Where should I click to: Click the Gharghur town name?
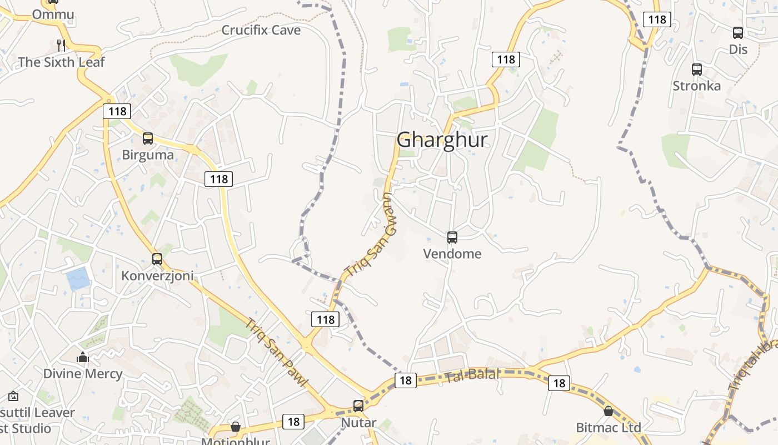click(x=442, y=140)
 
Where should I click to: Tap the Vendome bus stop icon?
click(x=452, y=238)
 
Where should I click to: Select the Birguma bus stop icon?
click(x=148, y=139)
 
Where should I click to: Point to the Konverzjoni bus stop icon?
click(x=157, y=259)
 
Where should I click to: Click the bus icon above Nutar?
click(x=358, y=406)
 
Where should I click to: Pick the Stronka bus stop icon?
click(x=697, y=70)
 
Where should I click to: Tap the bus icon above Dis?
click(x=738, y=33)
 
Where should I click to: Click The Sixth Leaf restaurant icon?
click(x=61, y=45)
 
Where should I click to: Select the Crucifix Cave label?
click(x=261, y=30)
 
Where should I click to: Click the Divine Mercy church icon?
click(x=83, y=357)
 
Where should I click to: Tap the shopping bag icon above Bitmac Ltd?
click(x=609, y=411)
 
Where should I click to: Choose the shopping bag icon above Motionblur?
click(x=236, y=427)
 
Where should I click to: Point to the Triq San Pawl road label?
click(x=277, y=353)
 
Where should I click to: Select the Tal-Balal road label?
click(x=472, y=375)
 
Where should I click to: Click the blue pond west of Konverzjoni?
click(x=78, y=278)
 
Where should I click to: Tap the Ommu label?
click(x=53, y=14)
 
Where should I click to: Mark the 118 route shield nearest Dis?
click(x=657, y=19)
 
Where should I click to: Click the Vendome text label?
click(x=452, y=254)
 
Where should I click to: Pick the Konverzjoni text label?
click(x=157, y=276)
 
